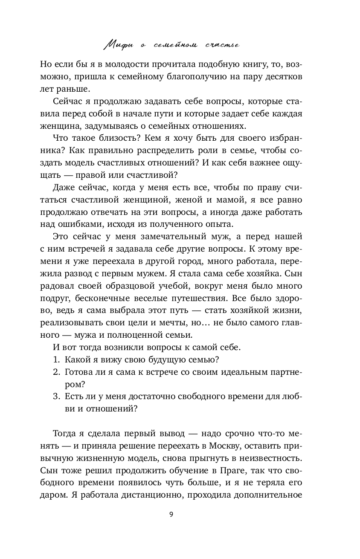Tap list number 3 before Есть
click(56, 397)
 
